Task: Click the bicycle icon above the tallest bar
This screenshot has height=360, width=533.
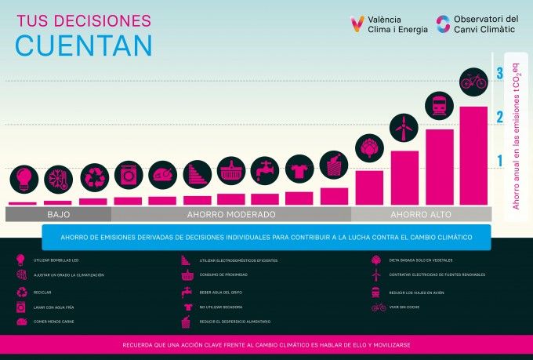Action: (x=473, y=80)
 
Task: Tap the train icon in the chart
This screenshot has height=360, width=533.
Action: (x=439, y=105)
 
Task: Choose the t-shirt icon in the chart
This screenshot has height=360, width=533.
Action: (x=299, y=168)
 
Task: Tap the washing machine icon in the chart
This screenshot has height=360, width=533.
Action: (x=129, y=173)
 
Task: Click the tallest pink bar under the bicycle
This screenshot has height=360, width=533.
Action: (x=473, y=155)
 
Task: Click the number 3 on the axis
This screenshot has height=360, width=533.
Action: (x=500, y=74)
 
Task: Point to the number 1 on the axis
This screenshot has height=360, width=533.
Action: (x=500, y=161)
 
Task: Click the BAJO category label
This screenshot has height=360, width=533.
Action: (x=59, y=214)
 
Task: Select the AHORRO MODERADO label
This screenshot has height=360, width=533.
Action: (x=231, y=214)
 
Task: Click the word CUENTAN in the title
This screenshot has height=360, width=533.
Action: (x=83, y=46)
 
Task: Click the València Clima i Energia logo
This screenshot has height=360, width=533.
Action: (x=391, y=24)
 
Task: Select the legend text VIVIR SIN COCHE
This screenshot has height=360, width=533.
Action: (x=408, y=307)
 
